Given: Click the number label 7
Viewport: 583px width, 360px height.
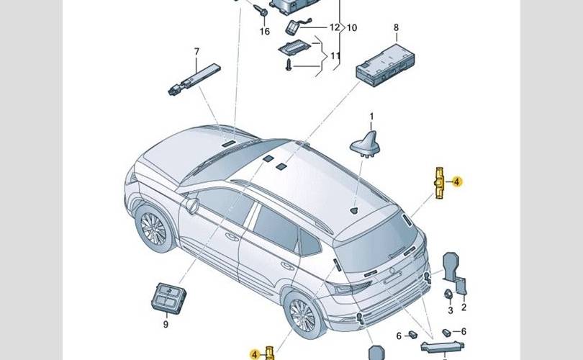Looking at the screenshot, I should point(195,51).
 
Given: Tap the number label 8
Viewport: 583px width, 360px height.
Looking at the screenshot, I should point(395,28).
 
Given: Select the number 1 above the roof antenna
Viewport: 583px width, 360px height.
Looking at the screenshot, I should point(372,117).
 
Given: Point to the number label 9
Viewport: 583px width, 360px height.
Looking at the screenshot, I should point(165,325).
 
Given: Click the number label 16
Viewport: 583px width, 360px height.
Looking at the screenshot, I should point(265,32).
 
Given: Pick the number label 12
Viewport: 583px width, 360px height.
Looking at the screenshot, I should point(334,28).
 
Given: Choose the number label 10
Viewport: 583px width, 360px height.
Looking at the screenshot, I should point(352,28).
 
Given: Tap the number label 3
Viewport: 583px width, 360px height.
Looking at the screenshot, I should point(451,310).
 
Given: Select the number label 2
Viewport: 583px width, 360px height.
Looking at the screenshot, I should point(464,308).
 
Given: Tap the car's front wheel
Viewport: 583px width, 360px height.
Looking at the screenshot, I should point(153,228).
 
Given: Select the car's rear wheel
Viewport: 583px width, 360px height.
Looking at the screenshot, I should point(303,314).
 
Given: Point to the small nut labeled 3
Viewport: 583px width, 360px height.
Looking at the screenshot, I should point(448,293).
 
